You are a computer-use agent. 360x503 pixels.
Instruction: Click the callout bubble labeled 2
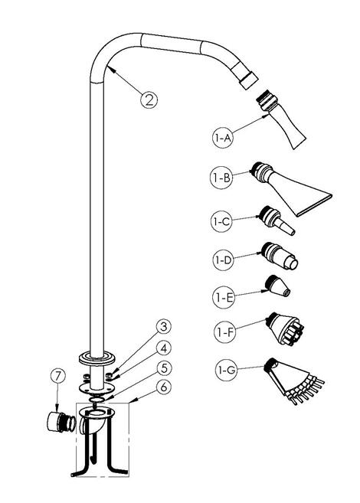click(x=149, y=100)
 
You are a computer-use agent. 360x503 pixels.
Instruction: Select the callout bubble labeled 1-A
click(x=223, y=139)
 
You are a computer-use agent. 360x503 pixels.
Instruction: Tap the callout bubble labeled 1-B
click(x=221, y=177)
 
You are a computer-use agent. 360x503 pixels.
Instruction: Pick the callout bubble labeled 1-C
click(x=221, y=221)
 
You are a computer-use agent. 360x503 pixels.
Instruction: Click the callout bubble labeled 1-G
click(x=225, y=370)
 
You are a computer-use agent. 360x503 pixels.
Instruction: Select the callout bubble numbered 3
click(x=164, y=327)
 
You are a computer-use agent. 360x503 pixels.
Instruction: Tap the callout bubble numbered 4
click(x=164, y=348)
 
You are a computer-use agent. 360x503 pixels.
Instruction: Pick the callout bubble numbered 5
click(x=164, y=368)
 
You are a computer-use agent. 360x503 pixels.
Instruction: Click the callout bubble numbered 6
click(x=164, y=387)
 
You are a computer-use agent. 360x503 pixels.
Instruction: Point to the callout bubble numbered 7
click(x=58, y=377)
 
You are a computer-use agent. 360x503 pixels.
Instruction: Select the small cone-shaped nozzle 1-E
click(x=278, y=286)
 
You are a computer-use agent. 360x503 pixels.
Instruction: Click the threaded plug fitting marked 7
click(x=61, y=422)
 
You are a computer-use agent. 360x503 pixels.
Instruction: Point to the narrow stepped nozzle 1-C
click(x=276, y=220)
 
